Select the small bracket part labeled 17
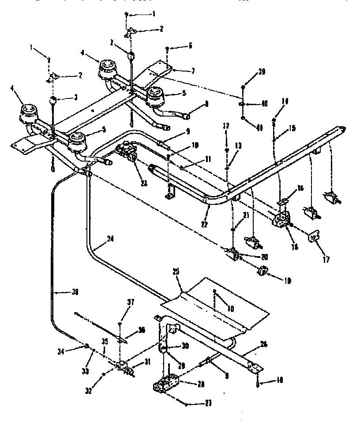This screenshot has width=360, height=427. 314,238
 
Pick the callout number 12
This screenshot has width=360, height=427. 226,125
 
